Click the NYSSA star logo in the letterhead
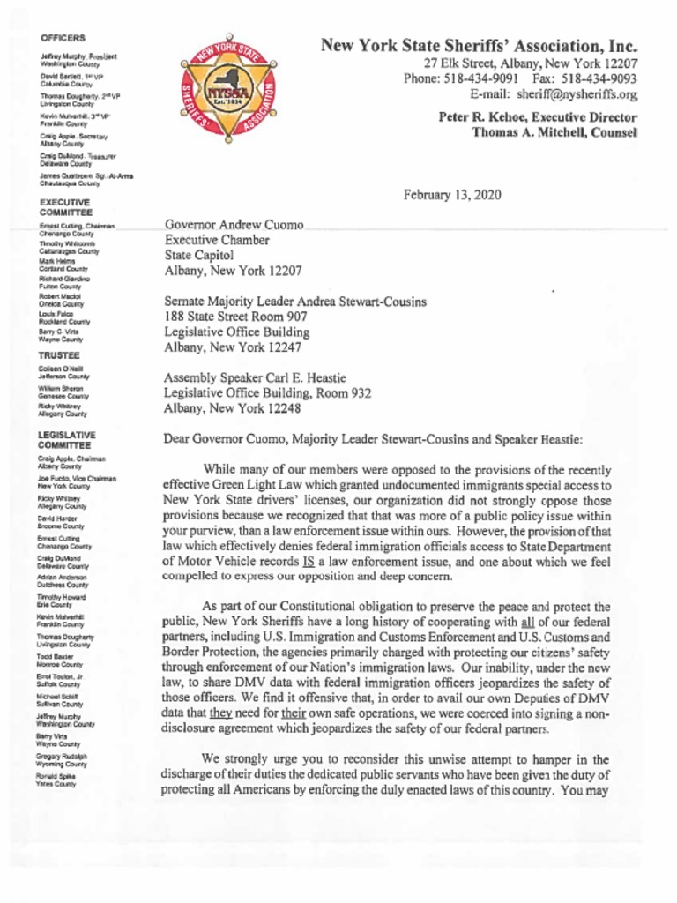[x=228, y=92]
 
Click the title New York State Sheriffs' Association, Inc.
[x=479, y=45]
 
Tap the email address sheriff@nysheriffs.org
[x=577, y=93]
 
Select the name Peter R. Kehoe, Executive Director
[x=538, y=116]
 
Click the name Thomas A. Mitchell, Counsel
[x=554, y=131]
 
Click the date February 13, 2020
[x=452, y=195]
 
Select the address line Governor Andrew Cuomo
[x=234, y=226]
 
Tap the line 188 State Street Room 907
[x=235, y=317]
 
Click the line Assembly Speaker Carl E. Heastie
[x=255, y=377]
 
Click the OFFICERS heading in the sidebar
[x=63, y=38]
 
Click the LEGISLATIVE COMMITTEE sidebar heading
[x=67, y=440]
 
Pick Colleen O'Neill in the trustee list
[x=61, y=369]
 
